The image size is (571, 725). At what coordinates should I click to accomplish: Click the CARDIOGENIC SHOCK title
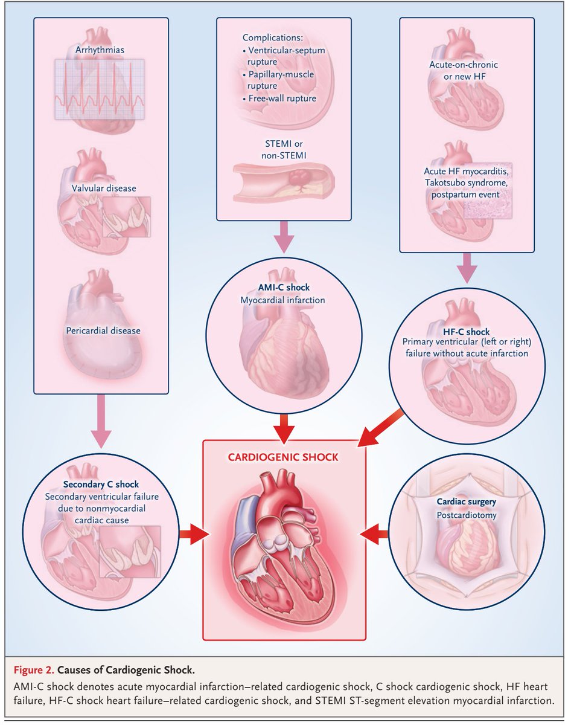[x=284, y=457]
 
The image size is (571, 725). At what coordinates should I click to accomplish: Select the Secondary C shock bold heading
[x=101, y=484]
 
